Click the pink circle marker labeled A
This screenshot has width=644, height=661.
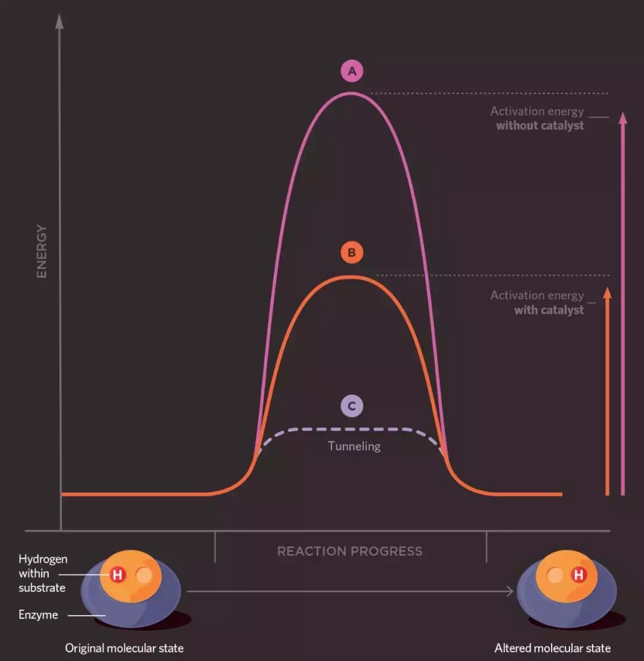pos(352,72)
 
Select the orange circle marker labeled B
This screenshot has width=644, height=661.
pos(352,253)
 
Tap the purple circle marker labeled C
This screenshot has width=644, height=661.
pos(352,407)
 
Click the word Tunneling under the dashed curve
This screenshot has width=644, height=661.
pos(354,446)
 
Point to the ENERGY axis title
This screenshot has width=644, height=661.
pos(42,251)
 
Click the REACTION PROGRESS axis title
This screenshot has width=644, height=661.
pos(350,551)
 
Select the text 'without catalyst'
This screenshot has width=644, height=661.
pos(540,125)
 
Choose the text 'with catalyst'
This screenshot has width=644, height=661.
pos(549,310)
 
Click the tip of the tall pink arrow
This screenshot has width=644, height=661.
pos(623,116)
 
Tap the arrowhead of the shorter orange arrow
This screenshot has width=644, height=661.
pos(607,291)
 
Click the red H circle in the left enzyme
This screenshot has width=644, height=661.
pos(117,575)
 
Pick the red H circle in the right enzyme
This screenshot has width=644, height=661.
pos(578,575)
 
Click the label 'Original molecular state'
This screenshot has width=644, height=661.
pos(124,648)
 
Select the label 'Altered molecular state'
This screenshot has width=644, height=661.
pos(552,648)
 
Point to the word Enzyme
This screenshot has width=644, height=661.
pos(38,614)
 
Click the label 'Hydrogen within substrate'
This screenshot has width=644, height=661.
pos(42,573)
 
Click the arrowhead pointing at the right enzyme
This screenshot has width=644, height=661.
pos(509,591)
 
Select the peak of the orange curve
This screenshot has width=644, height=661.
pos(351,276)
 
